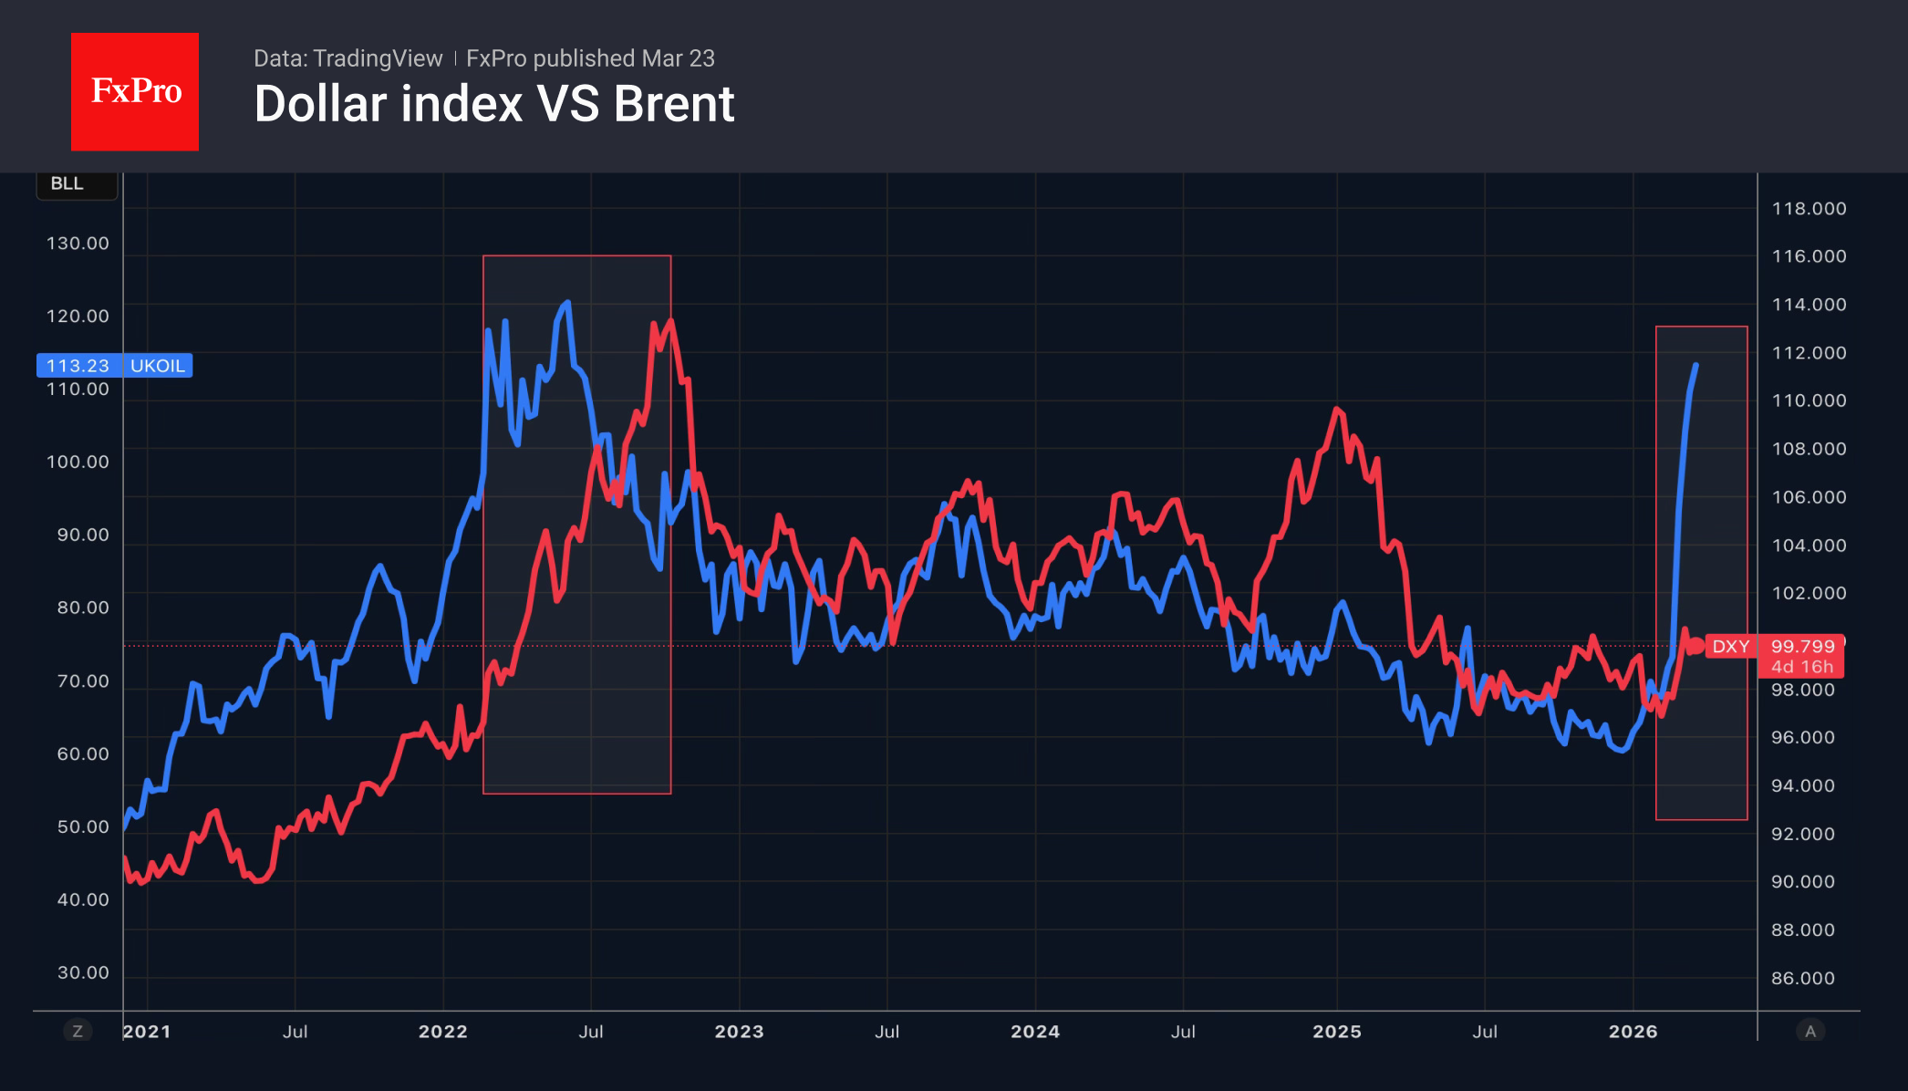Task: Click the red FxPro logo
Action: click(x=135, y=91)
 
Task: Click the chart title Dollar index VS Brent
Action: click(x=493, y=104)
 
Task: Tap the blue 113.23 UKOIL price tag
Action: click(x=114, y=366)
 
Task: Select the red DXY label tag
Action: click(x=1729, y=647)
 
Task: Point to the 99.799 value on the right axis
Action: click(x=1802, y=647)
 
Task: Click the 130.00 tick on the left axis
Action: click(x=78, y=244)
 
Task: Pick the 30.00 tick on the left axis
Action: click(x=83, y=972)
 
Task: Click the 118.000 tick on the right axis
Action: click(x=1809, y=209)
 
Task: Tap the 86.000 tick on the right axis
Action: click(x=1802, y=978)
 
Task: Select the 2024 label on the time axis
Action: click(x=1035, y=1032)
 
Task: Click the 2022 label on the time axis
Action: click(x=442, y=1032)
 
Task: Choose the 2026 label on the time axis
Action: click(x=1633, y=1032)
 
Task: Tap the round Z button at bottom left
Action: click(x=78, y=1032)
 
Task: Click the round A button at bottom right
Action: click(x=1810, y=1032)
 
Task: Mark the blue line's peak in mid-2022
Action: click(x=567, y=302)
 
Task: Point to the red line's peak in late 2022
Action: click(x=670, y=320)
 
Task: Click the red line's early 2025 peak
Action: click(x=1337, y=409)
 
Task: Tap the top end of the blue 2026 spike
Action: click(x=1695, y=365)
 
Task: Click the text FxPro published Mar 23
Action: click(x=590, y=58)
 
